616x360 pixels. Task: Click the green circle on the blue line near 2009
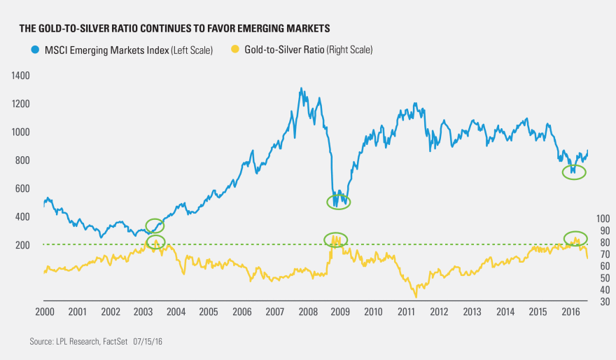point(339,202)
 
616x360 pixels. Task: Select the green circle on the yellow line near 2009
point(336,240)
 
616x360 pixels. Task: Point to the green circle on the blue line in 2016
point(574,172)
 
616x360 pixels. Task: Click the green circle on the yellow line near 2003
point(155,242)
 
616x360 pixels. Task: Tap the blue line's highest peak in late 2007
point(301,89)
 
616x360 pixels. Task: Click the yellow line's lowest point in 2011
point(415,297)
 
